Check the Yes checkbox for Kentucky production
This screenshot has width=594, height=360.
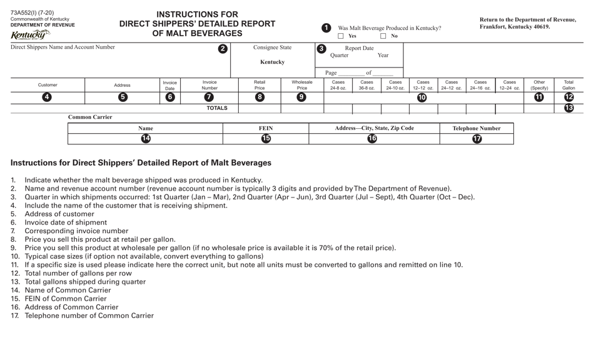tap(341, 36)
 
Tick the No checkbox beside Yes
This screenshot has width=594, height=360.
tap(383, 36)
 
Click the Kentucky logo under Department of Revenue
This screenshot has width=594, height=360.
tap(30, 34)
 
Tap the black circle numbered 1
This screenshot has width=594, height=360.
tap(326, 27)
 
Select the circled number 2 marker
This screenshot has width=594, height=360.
tap(223, 49)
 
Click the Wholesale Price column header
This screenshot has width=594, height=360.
tap(302, 85)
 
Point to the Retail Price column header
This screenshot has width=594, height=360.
tap(259, 85)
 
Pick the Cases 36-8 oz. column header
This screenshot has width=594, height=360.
tap(367, 85)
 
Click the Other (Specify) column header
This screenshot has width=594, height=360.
tap(539, 85)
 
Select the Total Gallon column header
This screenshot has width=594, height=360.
tap(569, 85)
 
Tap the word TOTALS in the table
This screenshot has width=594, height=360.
tap(217, 108)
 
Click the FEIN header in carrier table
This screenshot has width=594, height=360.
tap(266, 128)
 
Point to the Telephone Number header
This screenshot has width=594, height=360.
tap(476, 128)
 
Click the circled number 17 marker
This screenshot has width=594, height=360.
tap(476, 139)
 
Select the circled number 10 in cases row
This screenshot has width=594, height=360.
tap(422, 97)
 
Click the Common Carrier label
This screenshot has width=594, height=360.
tap(90, 117)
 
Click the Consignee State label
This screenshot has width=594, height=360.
tap(272, 47)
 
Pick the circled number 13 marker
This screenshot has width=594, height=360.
tap(569, 108)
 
